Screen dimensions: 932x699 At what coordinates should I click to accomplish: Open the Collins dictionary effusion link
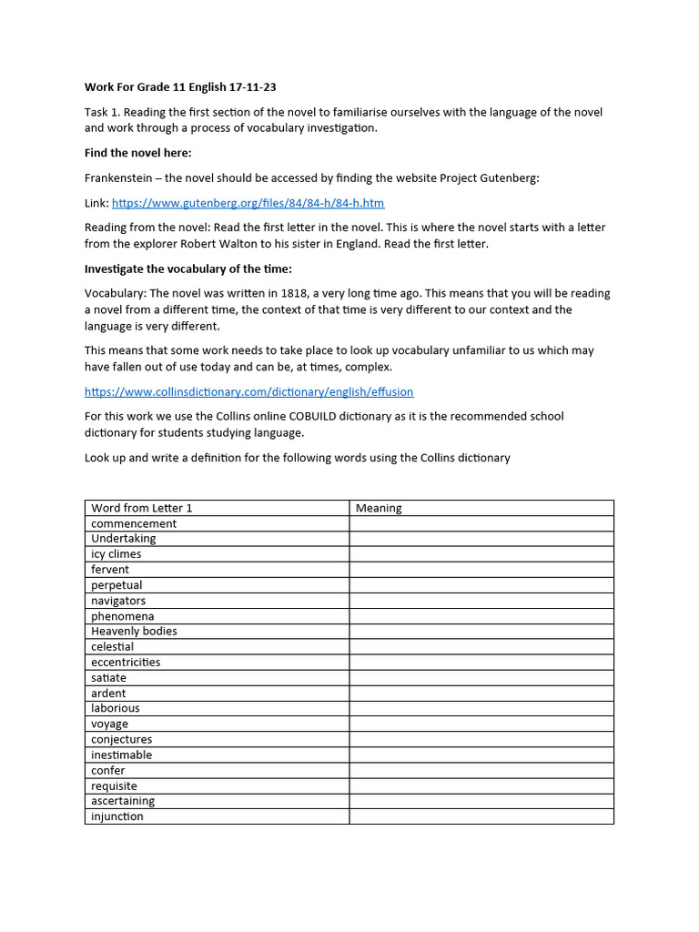248,391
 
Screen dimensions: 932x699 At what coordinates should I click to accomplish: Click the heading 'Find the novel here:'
137,153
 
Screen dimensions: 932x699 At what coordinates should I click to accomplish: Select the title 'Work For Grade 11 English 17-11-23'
180,87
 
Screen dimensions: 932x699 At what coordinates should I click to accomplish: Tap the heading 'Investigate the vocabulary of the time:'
187,269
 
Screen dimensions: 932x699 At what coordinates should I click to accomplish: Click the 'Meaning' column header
379,508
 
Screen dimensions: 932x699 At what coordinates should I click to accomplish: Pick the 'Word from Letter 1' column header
142,508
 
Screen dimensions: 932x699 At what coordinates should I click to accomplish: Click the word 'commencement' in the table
134,523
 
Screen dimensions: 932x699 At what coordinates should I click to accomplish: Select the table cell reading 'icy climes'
116,554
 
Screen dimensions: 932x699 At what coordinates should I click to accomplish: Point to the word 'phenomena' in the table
123,616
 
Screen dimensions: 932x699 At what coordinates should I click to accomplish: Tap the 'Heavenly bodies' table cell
135,631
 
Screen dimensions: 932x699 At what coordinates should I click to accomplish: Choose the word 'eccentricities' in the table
126,662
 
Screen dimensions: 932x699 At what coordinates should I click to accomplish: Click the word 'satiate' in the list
109,677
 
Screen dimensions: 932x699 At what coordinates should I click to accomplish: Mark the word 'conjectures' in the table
122,739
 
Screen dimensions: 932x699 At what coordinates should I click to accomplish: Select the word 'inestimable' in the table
122,755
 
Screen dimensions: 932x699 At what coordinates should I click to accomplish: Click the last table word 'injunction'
117,816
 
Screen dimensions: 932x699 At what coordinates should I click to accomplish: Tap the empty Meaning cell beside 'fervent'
481,570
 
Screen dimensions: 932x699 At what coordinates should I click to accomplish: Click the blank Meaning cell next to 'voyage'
481,724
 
